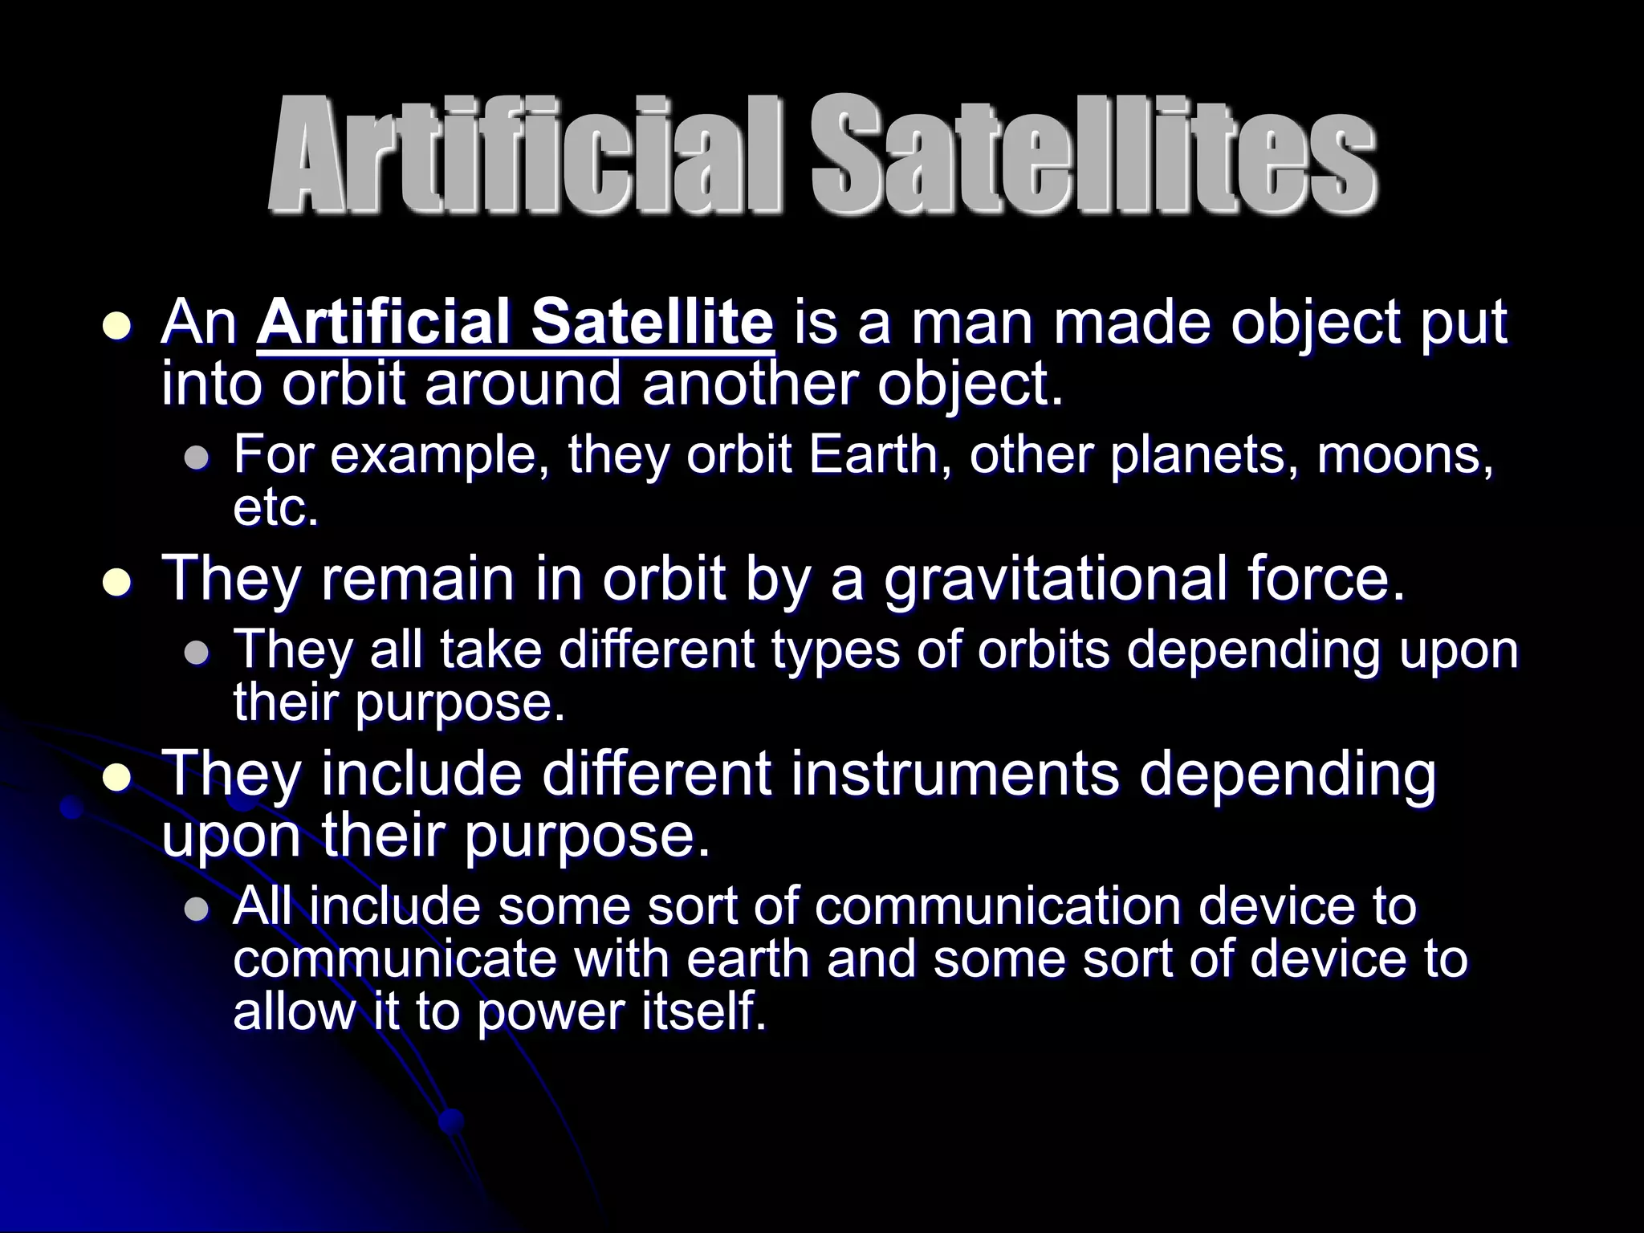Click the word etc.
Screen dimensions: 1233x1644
click(x=275, y=507)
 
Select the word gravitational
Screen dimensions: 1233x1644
click(x=1055, y=579)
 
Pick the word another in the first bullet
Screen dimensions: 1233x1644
click(x=751, y=384)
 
